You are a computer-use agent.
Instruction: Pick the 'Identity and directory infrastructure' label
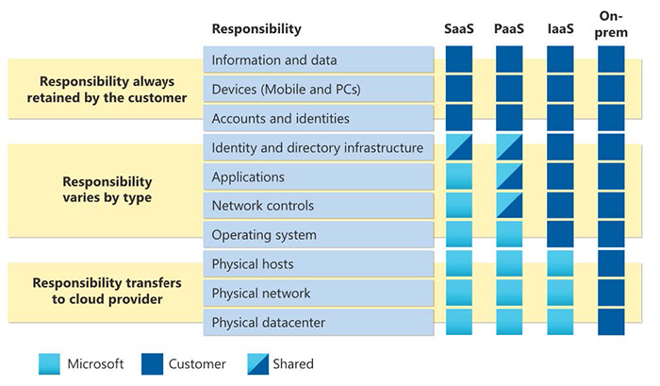tap(318, 148)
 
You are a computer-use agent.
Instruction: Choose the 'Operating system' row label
tap(264, 235)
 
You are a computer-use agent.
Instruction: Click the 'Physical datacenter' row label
tap(269, 323)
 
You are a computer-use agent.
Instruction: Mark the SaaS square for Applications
tap(459, 176)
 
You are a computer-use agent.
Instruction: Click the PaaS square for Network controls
tap(510, 206)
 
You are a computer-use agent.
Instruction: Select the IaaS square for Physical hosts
tap(560, 264)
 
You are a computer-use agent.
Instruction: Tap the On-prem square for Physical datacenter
tap(611, 323)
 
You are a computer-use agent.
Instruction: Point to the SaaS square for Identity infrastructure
tap(459, 148)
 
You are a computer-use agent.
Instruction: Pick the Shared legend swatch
tap(257, 363)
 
